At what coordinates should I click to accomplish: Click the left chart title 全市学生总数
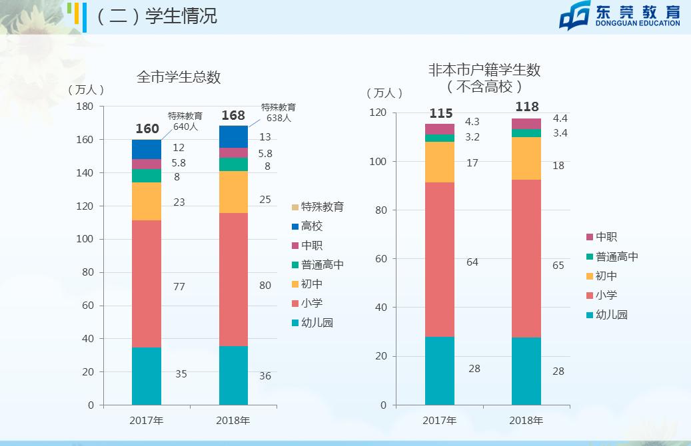(x=179, y=77)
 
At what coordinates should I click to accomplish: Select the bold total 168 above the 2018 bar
(x=233, y=116)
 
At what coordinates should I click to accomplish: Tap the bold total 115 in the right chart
(x=441, y=114)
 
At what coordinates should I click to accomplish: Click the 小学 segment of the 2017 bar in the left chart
(x=147, y=284)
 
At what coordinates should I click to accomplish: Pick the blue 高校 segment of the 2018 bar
(x=233, y=136)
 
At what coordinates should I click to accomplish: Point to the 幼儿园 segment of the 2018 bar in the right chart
(x=526, y=371)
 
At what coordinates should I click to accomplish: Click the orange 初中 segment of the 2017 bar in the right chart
(x=440, y=162)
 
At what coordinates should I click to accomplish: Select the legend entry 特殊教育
(x=319, y=207)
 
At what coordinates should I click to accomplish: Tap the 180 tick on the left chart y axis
(x=85, y=107)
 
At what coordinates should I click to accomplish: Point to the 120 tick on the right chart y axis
(x=378, y=113)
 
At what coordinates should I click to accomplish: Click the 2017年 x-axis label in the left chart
(x=147, y=420)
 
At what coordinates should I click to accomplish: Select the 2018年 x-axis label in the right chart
(x=526, y=420)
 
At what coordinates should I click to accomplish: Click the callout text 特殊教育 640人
(x=185, y=120)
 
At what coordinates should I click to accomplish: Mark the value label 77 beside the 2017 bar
(x=179, y=287)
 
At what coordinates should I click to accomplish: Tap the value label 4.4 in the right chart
(x=560, y=118)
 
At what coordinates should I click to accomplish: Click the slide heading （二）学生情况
(x=157, y=15)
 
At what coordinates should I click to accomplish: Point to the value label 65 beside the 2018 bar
(x=558, y=266)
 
